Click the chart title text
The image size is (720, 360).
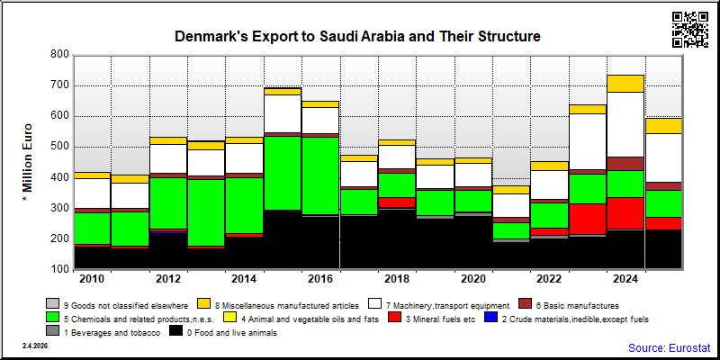tap(357, 37)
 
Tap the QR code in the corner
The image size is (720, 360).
tap(690, 30)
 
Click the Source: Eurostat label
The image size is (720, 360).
tap(669, 347)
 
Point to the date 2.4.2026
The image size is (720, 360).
tap(35, 346)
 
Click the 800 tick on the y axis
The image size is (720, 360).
tap(59, 55)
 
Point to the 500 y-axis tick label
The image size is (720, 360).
tap(59, 147)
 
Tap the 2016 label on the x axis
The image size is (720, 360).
tap(320, 279)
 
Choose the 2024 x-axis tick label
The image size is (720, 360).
tap(625, 279)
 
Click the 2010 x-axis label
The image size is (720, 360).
tap(93, 279)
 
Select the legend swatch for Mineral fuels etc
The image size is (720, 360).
tap(394, 318)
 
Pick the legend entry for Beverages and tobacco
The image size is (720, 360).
tap(103, 333)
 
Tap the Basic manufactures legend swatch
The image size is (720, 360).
tap(526, 303)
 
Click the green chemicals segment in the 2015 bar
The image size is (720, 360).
tap(283, 173)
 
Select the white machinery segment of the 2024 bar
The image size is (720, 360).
tap(625, 125)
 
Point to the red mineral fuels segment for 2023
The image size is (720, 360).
tap(588, 220)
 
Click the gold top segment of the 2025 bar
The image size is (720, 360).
tap(664, 126)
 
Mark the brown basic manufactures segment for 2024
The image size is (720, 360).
tap(625, 164)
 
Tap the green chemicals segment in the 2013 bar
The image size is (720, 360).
tap(207, 212)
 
